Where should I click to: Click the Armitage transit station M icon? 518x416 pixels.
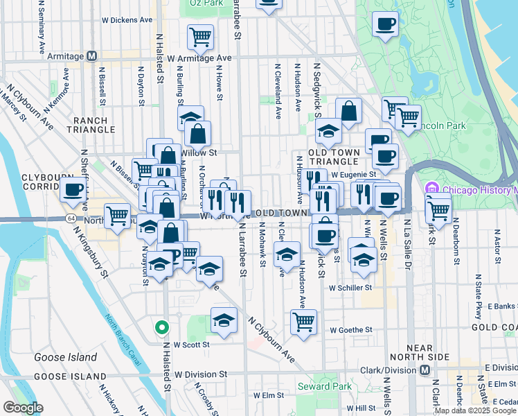click(x=91, y=56)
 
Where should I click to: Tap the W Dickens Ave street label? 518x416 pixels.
click(x=127, y=20)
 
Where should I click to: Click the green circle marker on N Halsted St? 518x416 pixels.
click(x=161, y=327)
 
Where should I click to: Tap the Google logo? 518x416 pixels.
click(x=23, y=408)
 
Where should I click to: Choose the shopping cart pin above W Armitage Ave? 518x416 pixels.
click(x=200, y=36)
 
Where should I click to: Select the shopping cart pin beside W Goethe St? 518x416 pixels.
click(x=303, y=321)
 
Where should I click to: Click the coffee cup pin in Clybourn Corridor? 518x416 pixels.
click(x=73, y=189)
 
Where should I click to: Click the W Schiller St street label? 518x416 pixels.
click(x=351, y=287)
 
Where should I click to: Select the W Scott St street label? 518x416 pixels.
click(x=192, y=343)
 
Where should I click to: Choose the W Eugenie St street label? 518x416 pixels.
click(x=352, y=174)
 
